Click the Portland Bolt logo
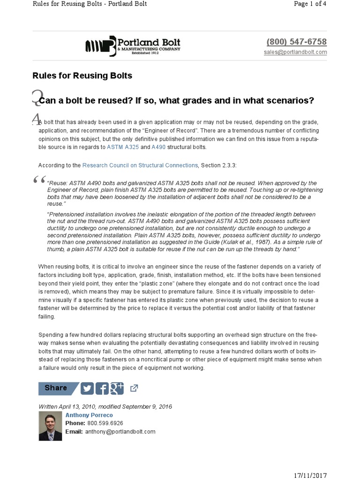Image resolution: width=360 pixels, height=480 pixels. [132, 45]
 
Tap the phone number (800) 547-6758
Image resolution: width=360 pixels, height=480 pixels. [296, 42]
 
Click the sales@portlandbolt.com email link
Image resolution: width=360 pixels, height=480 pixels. [295, 52]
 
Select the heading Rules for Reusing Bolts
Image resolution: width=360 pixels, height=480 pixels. [82, 75]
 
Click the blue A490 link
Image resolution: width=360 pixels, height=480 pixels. [159, 147]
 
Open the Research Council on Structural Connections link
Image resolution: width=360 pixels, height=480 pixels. [140, 165]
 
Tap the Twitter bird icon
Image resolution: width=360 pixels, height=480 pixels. [87, 388]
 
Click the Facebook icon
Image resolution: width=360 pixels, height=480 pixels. [102, 388]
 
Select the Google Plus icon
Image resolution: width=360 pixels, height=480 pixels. [116, 388]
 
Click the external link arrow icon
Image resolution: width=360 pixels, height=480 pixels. [134, 388]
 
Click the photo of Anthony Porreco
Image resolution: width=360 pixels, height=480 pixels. [50, 427]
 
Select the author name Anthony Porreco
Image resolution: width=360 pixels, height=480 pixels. [89, 415]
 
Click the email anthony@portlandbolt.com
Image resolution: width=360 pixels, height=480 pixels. [120, 431]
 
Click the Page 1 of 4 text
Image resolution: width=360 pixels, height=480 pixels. [310, 4]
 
